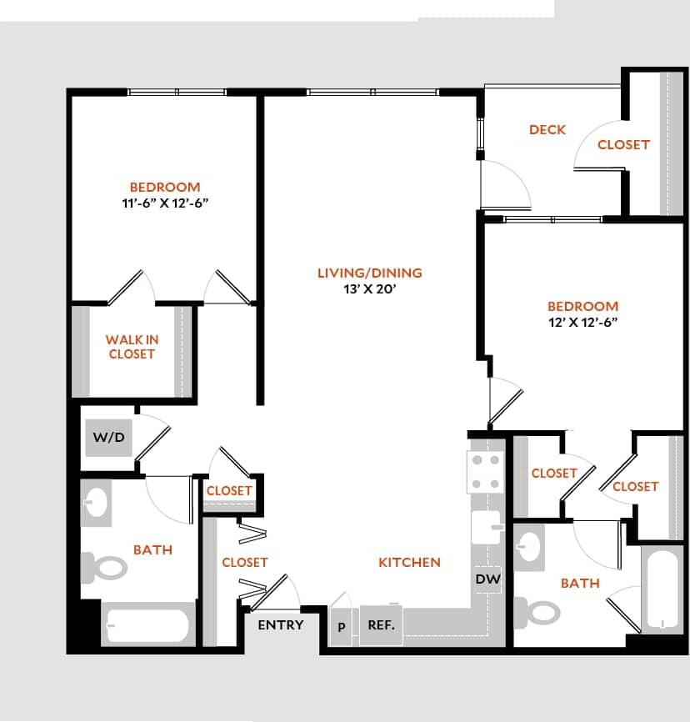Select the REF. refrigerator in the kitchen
(x=381, y=624)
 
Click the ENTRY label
(x=280, y=624)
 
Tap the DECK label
(x=547, y=129)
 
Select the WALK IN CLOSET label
(x=132, y=347)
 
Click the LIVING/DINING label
(x=369, y=273)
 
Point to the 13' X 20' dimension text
(x=369, y=289)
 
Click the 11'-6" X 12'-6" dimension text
(x=164, y=203)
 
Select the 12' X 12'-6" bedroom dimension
(x=582, y=322)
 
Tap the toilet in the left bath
(x=103, y=568)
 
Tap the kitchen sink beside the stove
(x=487, y=529)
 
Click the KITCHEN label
(x=409, y=562)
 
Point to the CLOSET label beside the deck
(x=623, y=144)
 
